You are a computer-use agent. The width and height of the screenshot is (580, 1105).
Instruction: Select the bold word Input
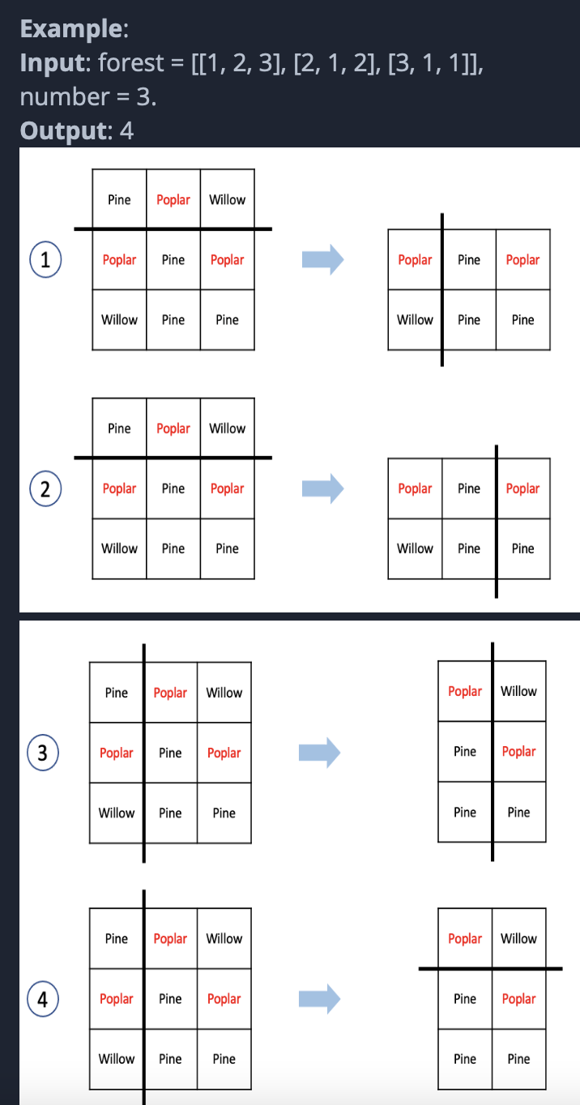coord(53,63)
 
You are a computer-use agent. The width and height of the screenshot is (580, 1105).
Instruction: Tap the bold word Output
coord(62,130)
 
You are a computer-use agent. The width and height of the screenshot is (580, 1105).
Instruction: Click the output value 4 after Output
coord(126,130)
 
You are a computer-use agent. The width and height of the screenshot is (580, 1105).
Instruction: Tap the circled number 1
coord(46,260)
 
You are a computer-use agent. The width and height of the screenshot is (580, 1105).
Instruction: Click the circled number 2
coord(46,489)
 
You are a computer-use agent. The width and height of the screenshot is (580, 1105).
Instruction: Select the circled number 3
coord(43,753)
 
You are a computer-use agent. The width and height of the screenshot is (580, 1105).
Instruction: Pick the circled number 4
coord(43,999)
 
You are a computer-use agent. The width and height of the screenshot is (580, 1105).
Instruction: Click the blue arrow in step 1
coord(322,260)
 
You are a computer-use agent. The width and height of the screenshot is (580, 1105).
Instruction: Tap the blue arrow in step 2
coord(322,489)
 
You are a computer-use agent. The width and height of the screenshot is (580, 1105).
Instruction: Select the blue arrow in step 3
coord(319,753)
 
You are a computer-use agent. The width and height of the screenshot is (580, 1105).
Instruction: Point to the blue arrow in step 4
coord(319,999)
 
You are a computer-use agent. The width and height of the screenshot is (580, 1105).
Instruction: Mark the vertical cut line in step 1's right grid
coord(442,340)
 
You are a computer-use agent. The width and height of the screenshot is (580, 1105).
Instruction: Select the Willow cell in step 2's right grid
coord(415,548)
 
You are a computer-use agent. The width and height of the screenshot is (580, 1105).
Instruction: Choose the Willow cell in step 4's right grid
coord(518,938)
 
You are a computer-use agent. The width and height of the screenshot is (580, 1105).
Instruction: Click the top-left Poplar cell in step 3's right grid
coord(465,691)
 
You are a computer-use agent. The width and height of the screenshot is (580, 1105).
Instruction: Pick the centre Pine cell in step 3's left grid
coord(170,753)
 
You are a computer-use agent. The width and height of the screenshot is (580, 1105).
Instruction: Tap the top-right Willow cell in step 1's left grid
coord(227,199)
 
